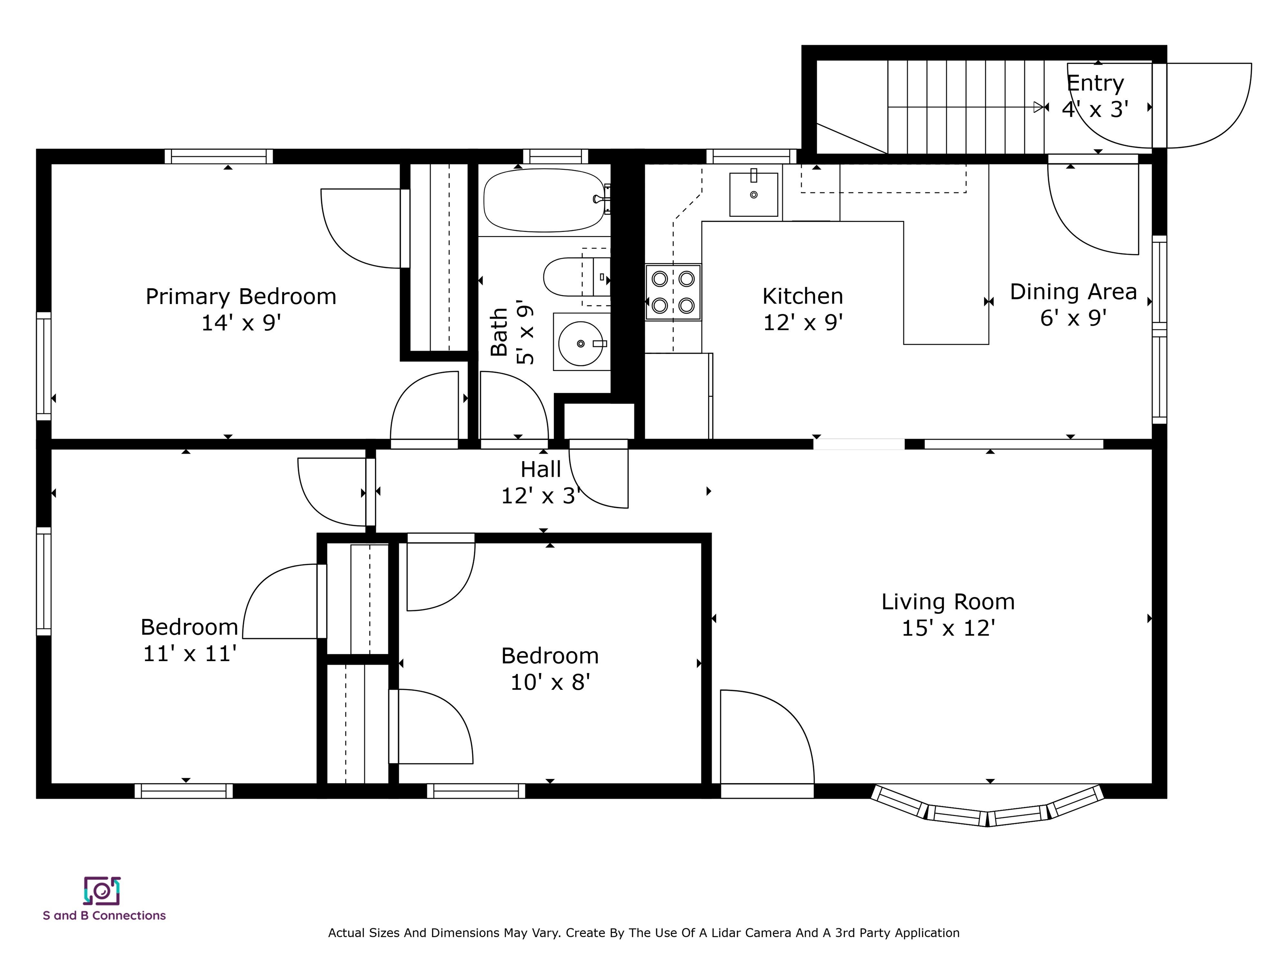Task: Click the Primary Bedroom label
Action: [241, 296]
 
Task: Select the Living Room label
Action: [948, 602]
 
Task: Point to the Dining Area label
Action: [1073, 292]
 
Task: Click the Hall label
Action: [540, 469]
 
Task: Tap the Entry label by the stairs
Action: [1095, 84]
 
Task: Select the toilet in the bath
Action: [576, 277]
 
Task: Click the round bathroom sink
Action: [581, 343]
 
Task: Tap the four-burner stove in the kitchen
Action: [673, 292]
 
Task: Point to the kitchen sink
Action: [753, 194]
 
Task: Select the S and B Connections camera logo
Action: [102, 891]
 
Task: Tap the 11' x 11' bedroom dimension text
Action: [190, 653]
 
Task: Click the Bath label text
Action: [499, 332]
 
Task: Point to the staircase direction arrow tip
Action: [1042, 107]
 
